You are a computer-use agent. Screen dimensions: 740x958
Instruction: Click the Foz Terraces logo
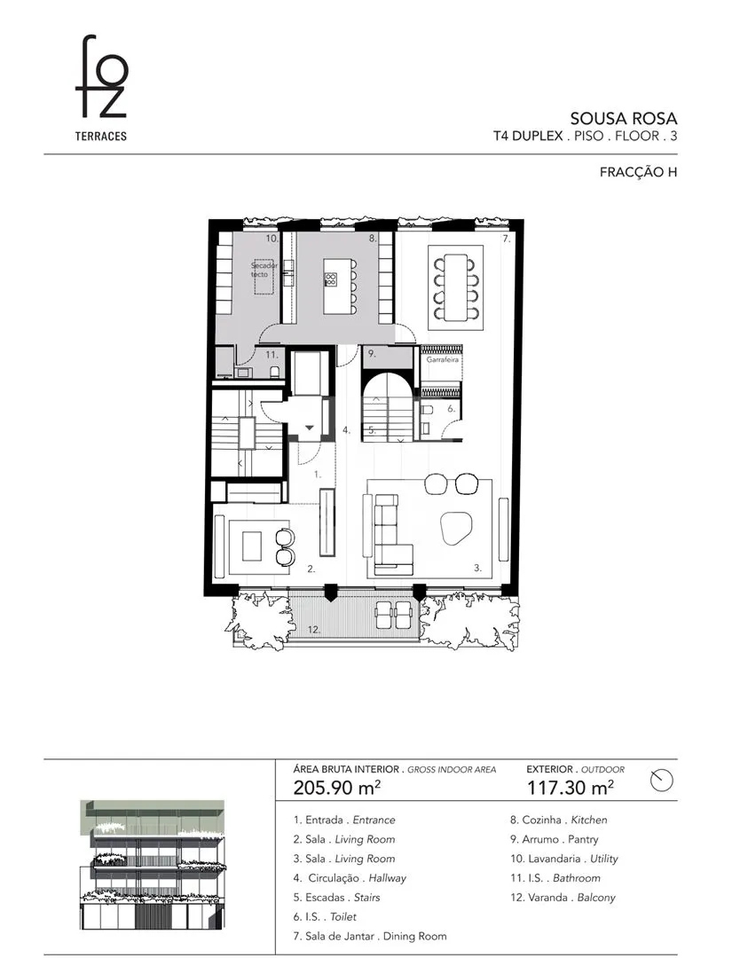[101, 88]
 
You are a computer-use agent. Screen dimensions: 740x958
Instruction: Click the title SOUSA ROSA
[623, 118]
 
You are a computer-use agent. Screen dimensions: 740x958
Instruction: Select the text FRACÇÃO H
[638, 172]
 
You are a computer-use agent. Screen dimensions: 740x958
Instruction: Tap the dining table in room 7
[455, 287]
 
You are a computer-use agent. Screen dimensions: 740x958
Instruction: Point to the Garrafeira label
[443, 360]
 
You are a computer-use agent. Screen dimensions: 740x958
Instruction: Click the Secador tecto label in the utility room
[264, 270]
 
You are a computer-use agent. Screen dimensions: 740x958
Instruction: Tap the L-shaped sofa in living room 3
[391, 535]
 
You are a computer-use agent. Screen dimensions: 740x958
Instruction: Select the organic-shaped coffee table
[455, 527]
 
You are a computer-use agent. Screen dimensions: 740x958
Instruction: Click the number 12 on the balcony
[313, 630]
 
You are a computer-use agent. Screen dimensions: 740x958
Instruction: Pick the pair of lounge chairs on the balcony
[394, 614]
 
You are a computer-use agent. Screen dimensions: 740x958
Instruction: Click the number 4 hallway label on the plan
[346, 430]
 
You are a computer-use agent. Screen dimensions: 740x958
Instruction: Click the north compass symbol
[662, 781]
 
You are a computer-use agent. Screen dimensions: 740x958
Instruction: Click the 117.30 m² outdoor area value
[571, 788]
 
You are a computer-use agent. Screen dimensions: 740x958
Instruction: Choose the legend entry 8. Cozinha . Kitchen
[558, 820]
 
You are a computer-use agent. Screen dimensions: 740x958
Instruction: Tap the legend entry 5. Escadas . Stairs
[336, 898]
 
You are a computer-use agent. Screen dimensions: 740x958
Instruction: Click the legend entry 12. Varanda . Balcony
[563, 898]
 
